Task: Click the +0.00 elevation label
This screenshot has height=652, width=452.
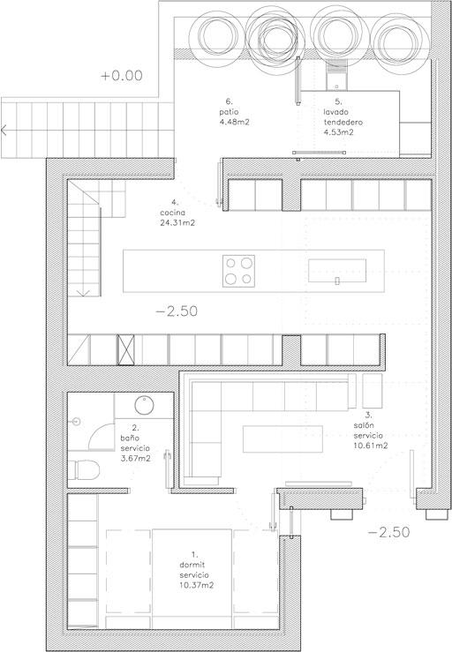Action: pos(122,76)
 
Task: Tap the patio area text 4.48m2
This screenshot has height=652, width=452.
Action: pos(234,123)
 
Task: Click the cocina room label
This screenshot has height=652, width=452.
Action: pos(173,213)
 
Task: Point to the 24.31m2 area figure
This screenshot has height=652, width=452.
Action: pos(177,223)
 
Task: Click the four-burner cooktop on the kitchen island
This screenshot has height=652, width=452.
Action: pos(239,271)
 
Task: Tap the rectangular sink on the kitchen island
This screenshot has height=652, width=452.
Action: pos(337,271)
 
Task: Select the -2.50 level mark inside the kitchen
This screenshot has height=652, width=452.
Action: pos(177,311)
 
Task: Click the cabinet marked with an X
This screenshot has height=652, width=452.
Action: pos(125,349)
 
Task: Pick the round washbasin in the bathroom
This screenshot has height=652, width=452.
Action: pos(144,405)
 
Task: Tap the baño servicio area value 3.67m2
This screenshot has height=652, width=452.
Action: pos(135,459)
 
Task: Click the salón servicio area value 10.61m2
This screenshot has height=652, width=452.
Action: pos(371,446)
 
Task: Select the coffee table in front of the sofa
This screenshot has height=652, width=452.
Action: pos(282,438)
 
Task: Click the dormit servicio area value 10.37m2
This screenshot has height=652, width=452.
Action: pos(197,586)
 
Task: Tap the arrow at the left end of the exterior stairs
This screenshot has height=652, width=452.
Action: pos(4,131)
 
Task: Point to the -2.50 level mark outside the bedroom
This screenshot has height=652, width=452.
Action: pos(388,532)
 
